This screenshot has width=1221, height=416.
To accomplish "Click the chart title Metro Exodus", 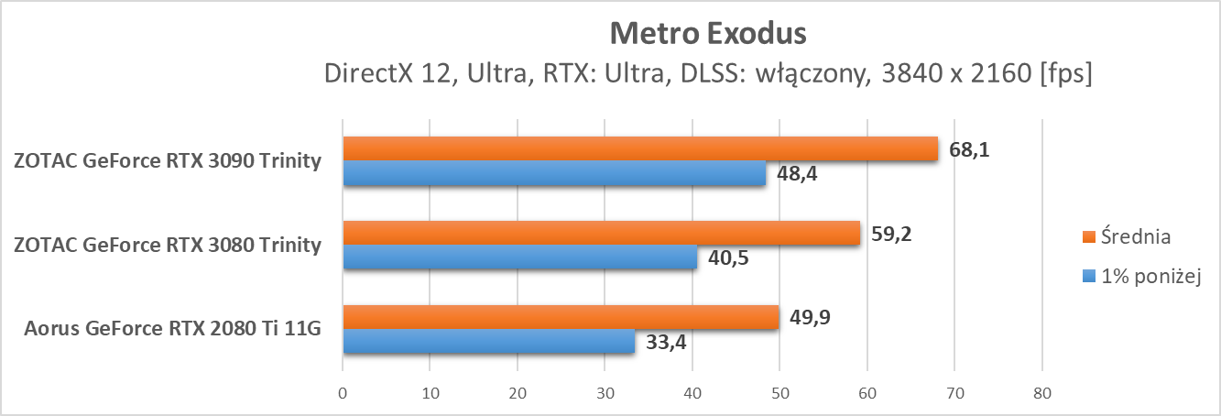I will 708,33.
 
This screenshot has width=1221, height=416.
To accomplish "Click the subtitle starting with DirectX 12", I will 708,74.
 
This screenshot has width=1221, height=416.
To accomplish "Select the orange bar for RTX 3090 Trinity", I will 640,148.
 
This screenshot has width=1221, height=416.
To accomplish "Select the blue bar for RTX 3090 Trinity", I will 554,173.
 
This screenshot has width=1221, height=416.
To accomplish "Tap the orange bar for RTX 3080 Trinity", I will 602,234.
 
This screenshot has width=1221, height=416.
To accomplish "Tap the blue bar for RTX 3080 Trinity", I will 519,257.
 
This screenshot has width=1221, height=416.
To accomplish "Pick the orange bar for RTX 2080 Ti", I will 561,318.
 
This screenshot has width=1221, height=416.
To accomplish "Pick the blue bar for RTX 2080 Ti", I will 488,342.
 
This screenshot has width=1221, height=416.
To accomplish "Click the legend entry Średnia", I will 1132,236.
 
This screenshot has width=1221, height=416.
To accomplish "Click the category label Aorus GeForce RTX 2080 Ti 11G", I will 173,329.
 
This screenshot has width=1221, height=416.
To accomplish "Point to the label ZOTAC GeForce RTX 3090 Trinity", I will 168,161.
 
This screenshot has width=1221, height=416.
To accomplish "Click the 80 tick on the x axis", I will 1041,394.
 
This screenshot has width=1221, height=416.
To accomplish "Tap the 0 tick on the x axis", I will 343,394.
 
